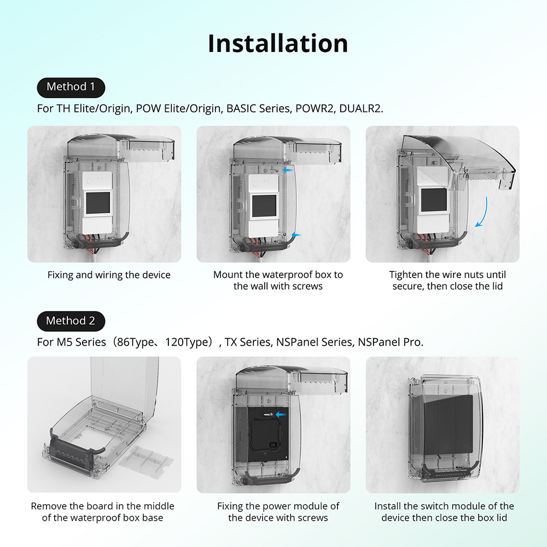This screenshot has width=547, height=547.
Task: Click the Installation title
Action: [x=278, y=44]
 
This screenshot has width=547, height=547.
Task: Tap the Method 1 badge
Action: [x=71, y=88]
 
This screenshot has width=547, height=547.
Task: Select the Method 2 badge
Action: [x=71, y=321]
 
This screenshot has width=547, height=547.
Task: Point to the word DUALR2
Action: [x=360, y=108]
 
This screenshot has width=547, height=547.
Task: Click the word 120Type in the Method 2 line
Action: [x=188, y=342]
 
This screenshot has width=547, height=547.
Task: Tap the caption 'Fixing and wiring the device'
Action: [x=109, y=275]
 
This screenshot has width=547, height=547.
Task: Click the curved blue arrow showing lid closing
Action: [x=482, y=212]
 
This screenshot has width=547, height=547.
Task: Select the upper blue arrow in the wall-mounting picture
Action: [x=288, y=170]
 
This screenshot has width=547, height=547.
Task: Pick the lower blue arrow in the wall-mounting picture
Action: [x=295, y=235]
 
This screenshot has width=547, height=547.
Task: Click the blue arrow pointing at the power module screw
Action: [x=281, y=415]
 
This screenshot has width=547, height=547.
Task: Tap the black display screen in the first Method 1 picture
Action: [x=98, y=203]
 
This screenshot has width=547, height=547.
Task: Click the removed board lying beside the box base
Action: [x=146, y=457]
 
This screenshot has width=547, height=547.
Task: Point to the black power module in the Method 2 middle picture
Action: [x=261, y=433]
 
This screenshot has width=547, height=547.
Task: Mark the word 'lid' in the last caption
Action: [x=501, y=517]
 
